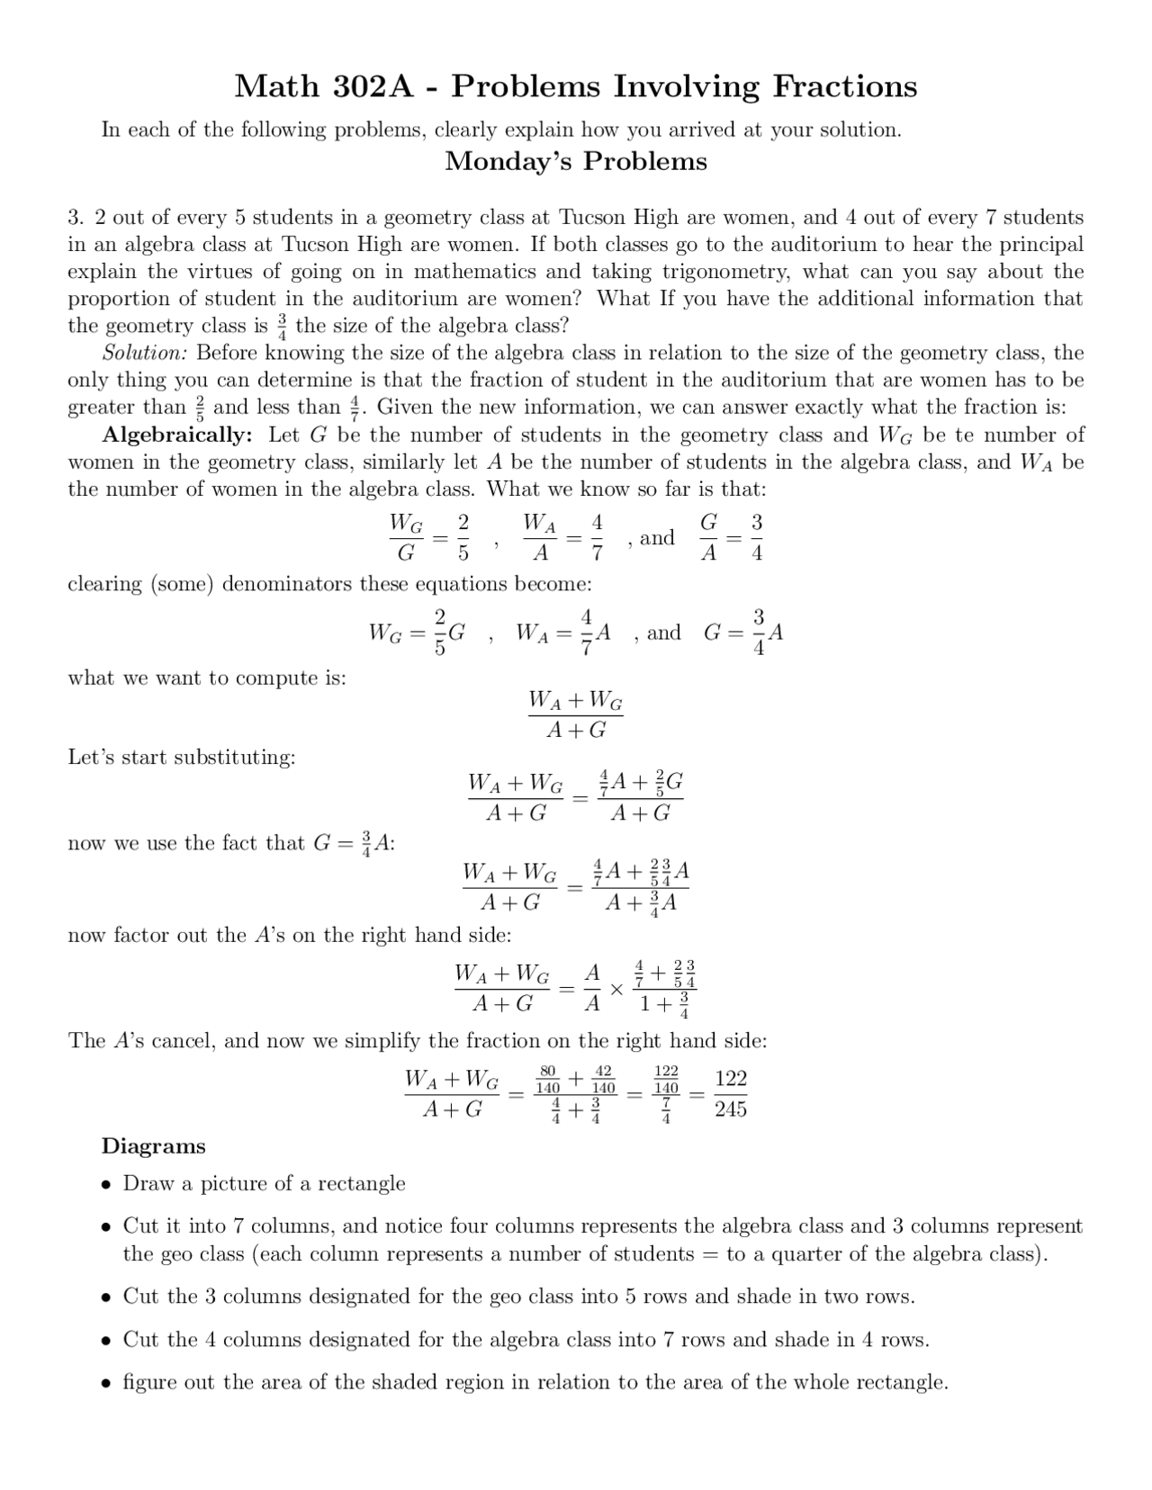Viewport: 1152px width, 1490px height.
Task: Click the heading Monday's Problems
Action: (576, 162)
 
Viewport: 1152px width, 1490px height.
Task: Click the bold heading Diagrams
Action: (154, 1146)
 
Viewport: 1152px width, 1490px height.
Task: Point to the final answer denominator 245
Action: (730, 1110)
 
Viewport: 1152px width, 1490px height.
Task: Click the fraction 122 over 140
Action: (666, 1079)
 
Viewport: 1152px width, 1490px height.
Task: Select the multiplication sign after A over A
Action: (616, 989)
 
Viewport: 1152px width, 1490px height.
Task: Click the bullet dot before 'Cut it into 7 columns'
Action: (106, 1227)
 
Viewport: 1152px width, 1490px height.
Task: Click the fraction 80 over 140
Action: (547, 1079)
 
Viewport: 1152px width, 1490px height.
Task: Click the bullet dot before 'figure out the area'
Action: (106, 1383)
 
